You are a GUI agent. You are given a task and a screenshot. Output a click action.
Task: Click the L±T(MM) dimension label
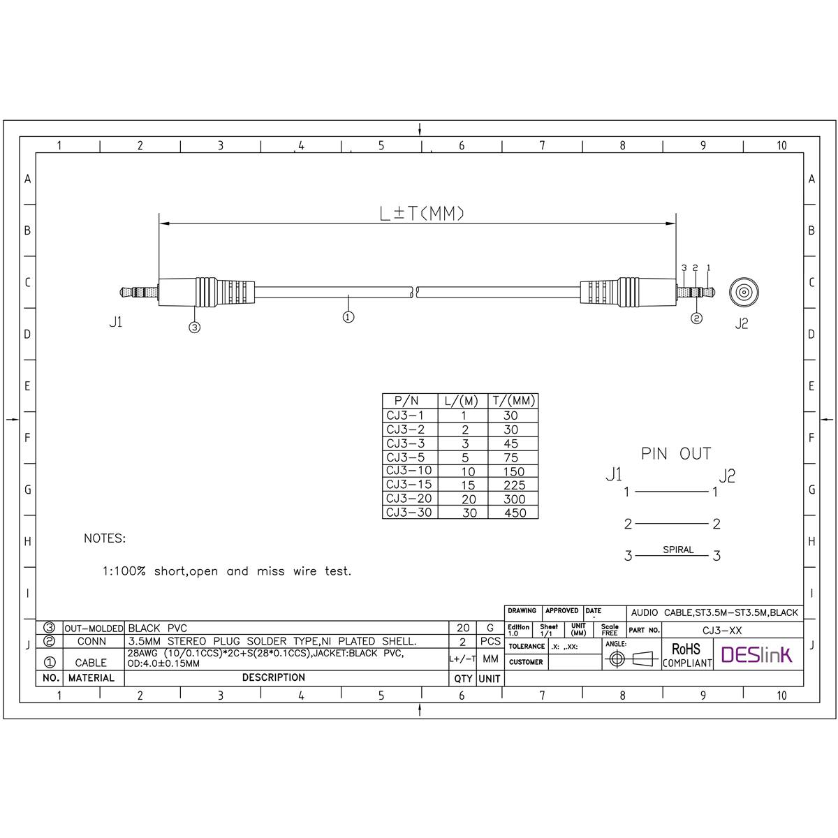click(x=422, y=213)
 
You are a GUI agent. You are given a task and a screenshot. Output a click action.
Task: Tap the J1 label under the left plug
click(x=116, y=322)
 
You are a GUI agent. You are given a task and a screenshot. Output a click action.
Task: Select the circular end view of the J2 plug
click(x=744, y=291)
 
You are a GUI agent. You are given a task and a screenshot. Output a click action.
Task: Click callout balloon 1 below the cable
click(x=348, y=317)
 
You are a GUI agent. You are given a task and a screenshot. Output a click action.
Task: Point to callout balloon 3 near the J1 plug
click(x=194, y=327)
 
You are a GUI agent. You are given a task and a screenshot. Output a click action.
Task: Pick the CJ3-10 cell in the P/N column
click(x=409, y=471)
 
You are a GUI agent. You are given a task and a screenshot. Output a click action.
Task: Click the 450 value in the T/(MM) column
click(x=515, y=513)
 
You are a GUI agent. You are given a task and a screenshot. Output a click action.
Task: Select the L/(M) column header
click(x=462, y=401)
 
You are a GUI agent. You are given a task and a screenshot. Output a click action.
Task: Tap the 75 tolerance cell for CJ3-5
click(x=511, y=457)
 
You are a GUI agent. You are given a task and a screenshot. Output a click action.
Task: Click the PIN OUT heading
click(x=676, y=454)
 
